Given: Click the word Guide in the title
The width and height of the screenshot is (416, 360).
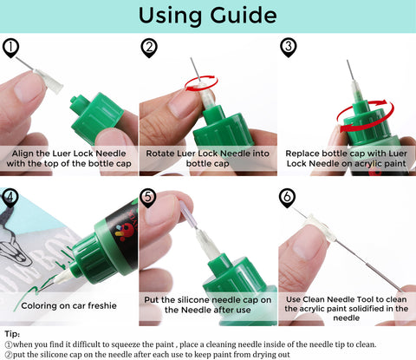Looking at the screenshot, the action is point(244,16).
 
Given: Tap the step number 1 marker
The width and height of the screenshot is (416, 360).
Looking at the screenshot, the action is point(10,48).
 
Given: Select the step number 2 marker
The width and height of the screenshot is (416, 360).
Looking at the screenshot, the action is point(149,48).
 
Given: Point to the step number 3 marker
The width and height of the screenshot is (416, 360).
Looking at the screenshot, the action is point(289,48).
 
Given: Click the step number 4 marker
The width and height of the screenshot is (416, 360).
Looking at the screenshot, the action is point(10,198).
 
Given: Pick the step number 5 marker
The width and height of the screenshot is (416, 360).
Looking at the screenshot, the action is point(148,198).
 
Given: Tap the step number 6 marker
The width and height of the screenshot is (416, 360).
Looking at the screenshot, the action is point(287,198).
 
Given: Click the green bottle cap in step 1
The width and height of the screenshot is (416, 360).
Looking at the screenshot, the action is point(96,115).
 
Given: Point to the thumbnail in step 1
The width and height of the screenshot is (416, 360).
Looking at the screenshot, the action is point(29,88).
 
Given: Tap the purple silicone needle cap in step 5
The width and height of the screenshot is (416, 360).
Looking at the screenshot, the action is point(188,214).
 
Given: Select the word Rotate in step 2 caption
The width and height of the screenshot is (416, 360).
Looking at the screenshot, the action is point(159,154).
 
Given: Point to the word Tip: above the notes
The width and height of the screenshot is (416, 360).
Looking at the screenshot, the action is point(12,334).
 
